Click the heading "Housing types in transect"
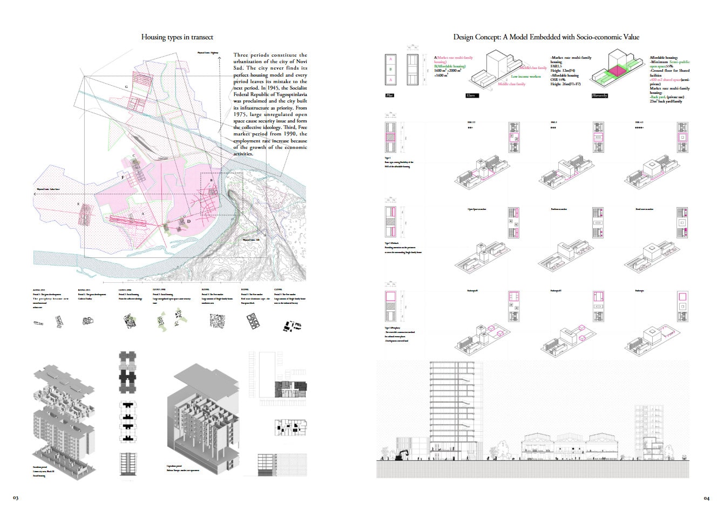(177, 37)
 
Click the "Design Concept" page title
(546, 37)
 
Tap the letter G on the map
(126, 87)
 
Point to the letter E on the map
(79, 204)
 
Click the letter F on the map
(123, 177)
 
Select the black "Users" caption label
(470, 96)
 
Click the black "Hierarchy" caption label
(599, 96)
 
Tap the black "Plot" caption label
(390, 96)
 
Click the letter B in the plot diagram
(390, 69)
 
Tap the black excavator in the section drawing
(403, 455)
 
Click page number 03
(16, 498)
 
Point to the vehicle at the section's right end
(684, 457)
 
